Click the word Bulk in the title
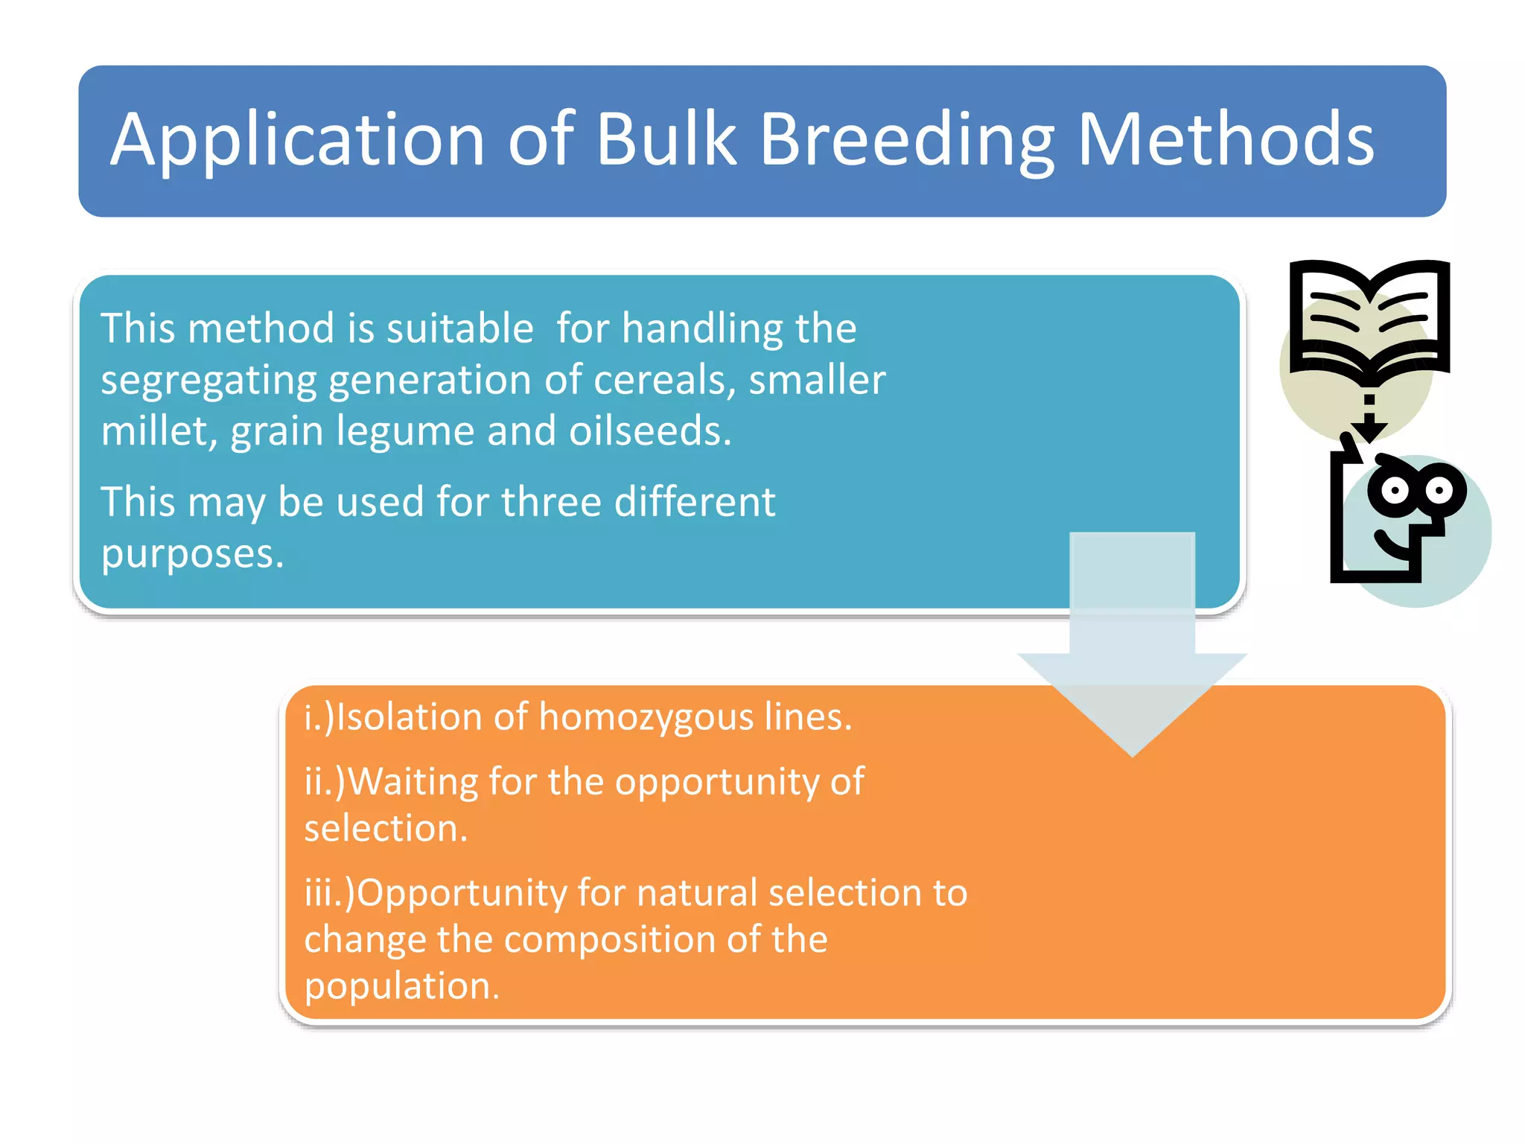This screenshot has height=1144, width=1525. coord(666,139)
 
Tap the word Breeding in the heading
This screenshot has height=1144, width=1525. coord(907,139)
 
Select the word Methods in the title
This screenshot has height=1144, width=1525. coord(1225,139)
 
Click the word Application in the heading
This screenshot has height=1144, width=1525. coord(298,139)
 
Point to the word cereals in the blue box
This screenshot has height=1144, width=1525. coord(663,380)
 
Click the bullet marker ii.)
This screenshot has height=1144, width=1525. coord(325,782)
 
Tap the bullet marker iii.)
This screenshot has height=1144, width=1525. coord(330,892)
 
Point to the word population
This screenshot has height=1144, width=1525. coord(401,986)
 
